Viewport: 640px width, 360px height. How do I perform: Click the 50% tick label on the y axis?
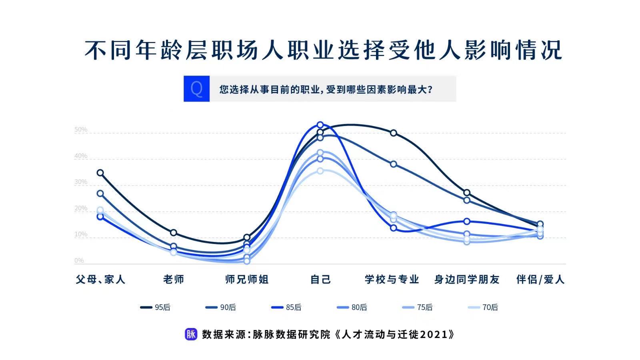(80, 130)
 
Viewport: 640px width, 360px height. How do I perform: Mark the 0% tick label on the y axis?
(79, 260)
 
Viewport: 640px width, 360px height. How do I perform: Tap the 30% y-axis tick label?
(80, 182)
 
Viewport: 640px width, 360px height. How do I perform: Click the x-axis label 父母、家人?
(100, 279)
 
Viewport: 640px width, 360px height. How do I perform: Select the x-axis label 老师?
(174, 279)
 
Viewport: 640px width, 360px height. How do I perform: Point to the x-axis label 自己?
(320, 279)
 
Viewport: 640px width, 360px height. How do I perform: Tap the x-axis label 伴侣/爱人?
(540, 279)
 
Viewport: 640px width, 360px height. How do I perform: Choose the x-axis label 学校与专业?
(392, 279)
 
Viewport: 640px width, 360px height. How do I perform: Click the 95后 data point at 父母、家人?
(100, 173)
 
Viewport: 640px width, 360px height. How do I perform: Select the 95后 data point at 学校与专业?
(394, 133)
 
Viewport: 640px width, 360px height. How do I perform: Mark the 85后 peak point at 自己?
(320, 125)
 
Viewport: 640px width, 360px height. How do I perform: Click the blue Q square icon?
(196, 88)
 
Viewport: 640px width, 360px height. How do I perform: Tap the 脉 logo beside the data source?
(191, 334)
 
